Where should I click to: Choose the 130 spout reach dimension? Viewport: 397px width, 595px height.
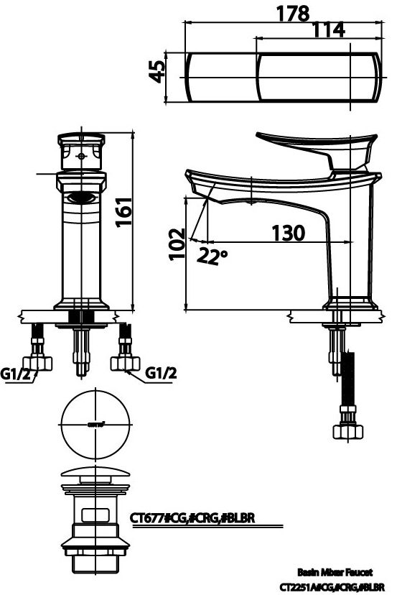point(288,233)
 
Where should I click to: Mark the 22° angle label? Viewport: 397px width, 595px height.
point(212,255)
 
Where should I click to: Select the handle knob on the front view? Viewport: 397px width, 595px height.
point(82,152)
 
